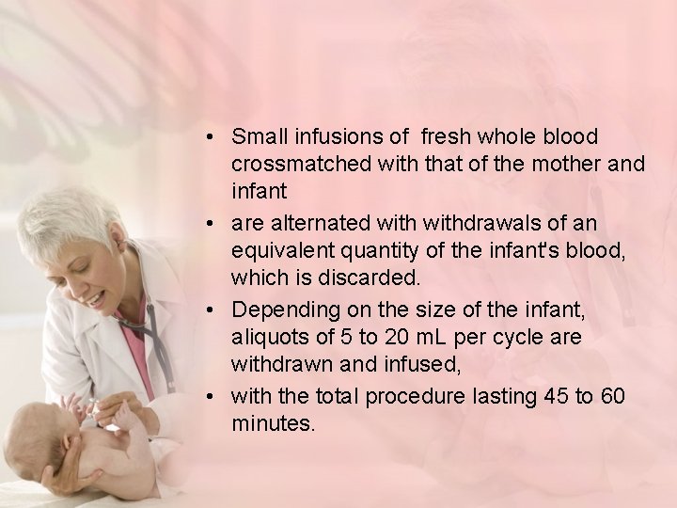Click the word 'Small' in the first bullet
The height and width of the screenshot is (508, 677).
coord(257,137)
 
